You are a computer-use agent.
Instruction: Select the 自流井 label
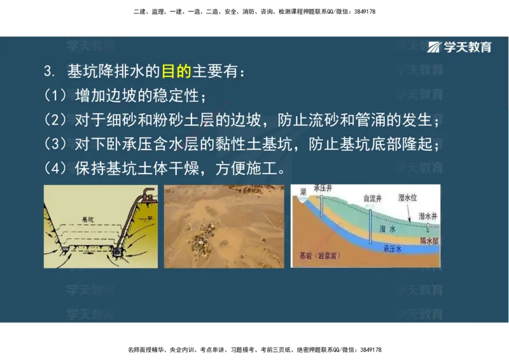pos(373,198)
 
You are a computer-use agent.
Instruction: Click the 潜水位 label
pos(408,197)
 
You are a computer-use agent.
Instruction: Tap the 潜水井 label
pos(428,216)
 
